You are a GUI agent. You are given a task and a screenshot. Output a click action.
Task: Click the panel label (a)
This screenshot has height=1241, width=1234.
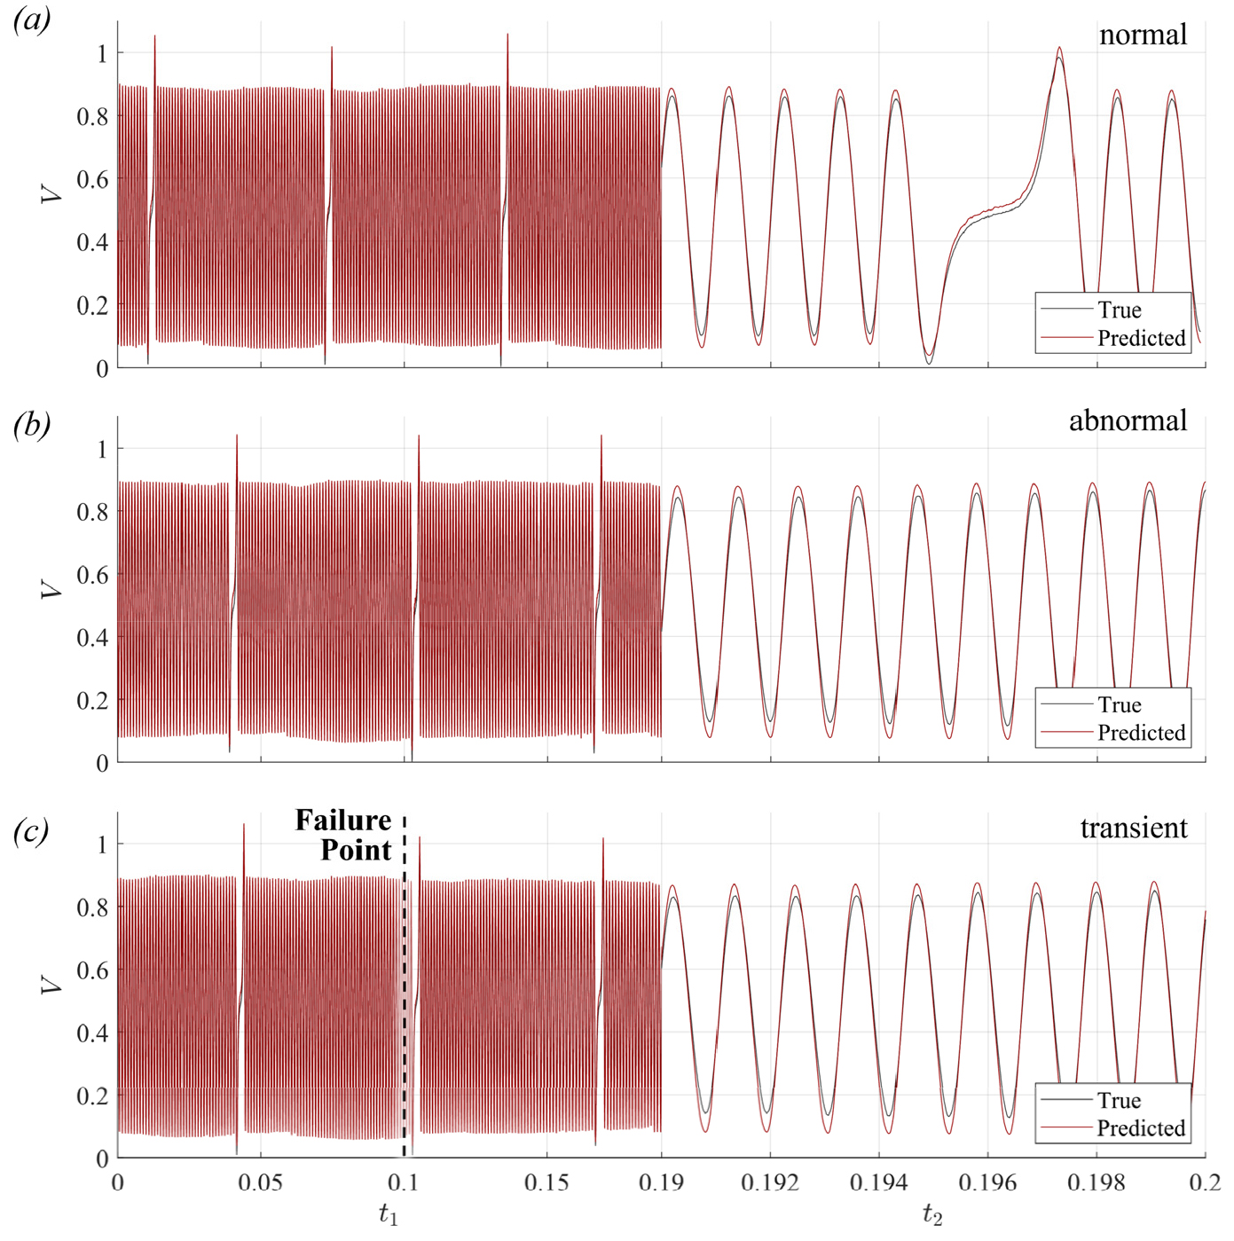pyautogui.click(x=32, y=20)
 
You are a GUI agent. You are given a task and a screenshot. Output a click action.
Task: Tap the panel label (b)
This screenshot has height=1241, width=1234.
pyautogui.click(x=32, y=425)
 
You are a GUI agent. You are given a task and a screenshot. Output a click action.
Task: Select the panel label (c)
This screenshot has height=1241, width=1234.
pyautogui.click(x=32, y=831)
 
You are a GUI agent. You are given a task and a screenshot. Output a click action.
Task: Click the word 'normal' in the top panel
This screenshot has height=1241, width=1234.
pyautogui.click(x=1143, y=35)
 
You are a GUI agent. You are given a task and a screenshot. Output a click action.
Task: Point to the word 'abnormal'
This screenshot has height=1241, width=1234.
pyautogui.click(x=1128, y=420)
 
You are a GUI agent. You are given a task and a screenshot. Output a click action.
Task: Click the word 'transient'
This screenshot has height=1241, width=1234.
pyautogui.click(x=1133, y=828)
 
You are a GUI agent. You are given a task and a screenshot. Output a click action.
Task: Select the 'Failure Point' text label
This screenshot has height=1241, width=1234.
pyautogui.click(x=343, y=835)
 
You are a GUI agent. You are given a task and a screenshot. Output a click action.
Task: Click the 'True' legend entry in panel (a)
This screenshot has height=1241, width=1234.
pyautogui.click(x=1119, y=310)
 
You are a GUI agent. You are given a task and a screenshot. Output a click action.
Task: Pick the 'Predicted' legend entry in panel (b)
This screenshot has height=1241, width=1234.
pyautogui.click(x=1141, y=733)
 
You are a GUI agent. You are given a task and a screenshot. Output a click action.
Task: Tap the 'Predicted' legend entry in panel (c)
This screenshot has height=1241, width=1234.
pyautogui.click(x=1141, y=1128)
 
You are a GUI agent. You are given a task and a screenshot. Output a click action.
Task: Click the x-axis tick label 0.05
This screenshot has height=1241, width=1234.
pyautogui.click(x=261, y=1182)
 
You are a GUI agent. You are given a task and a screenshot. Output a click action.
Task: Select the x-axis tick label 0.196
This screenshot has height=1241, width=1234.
pyautogui.click(x=987, y=1182)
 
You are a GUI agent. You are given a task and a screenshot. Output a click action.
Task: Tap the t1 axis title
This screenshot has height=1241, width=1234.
pyautogui.click(x=389, y=1214)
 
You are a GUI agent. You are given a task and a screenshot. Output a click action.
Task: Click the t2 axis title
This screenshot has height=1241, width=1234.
pyautogui.click(x=932, y=1214)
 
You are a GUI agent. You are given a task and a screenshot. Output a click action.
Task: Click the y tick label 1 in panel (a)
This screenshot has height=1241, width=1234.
pyautogui.click(x=101, y=53)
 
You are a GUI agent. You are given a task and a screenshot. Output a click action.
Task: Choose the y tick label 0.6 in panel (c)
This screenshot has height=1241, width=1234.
pyautogui.click(x=91, y=970)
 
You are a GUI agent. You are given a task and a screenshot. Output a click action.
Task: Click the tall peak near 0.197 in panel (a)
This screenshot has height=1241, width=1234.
pyautogui.click(x=1059, y=50)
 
